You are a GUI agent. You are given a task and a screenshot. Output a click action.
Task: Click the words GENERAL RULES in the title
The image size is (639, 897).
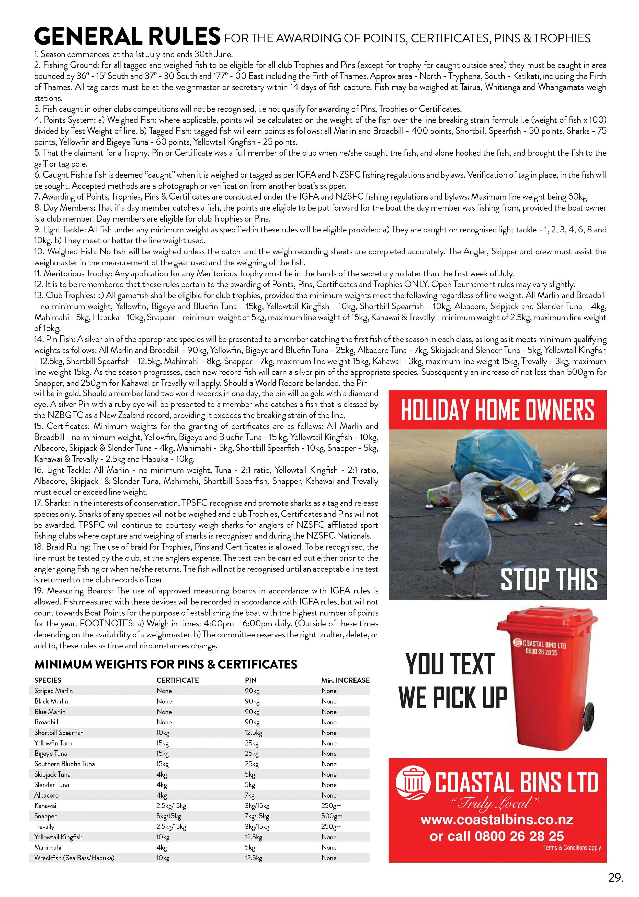(x=127, y=36)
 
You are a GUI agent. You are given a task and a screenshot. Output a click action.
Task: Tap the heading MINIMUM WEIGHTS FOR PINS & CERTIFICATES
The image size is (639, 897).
(x=166, y=664)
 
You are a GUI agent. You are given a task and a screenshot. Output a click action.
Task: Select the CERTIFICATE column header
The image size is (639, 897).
(x=177, y=680)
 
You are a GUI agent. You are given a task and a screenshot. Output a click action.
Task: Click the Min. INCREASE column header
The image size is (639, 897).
(x=345, y=680)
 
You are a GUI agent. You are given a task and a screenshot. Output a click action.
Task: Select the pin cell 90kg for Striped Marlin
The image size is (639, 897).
(x=252, y=691)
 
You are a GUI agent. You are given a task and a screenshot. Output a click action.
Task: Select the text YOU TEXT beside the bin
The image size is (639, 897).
(x=450, y=664)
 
